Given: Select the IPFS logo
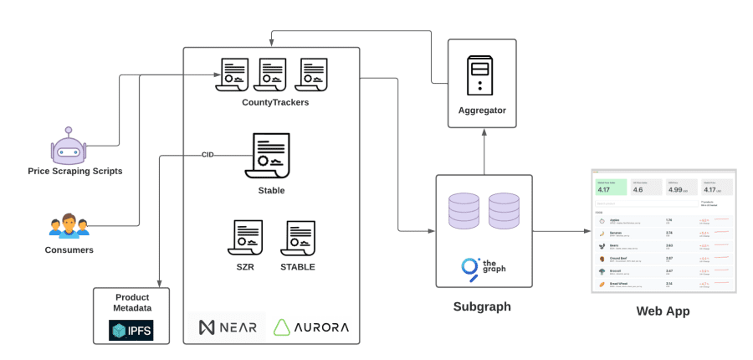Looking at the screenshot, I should pyautogui.click(x=131, y=330).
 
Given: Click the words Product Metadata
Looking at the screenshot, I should pyautogui.click(x=131, y=302).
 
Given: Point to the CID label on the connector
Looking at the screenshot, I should pyautogui.click(x=207, y=155).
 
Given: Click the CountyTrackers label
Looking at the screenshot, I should pyautogui.click(x=275, y=102).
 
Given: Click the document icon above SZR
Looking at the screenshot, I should pyautogui.click(x=247, y=239).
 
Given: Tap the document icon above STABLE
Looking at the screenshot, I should pyautogui.click(x=298, y=239).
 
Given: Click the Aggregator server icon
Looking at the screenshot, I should pyautogui.click(x=481, y=76).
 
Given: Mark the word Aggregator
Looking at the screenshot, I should pyautogui.click(x=482, y=111).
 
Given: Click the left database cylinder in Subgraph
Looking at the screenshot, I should pyautogui.click(x=465, y=211).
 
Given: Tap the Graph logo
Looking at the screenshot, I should pyautogui.click(x=483, y=266).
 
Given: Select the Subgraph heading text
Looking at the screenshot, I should pyautogui.click(x=483, y=306).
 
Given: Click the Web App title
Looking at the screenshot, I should pyautogui.click(x=662, y=311).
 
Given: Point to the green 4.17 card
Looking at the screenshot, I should pyautogui.click(x=610, y=187).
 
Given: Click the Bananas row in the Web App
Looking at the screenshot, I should pyautogui.click(x=661, y=234).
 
